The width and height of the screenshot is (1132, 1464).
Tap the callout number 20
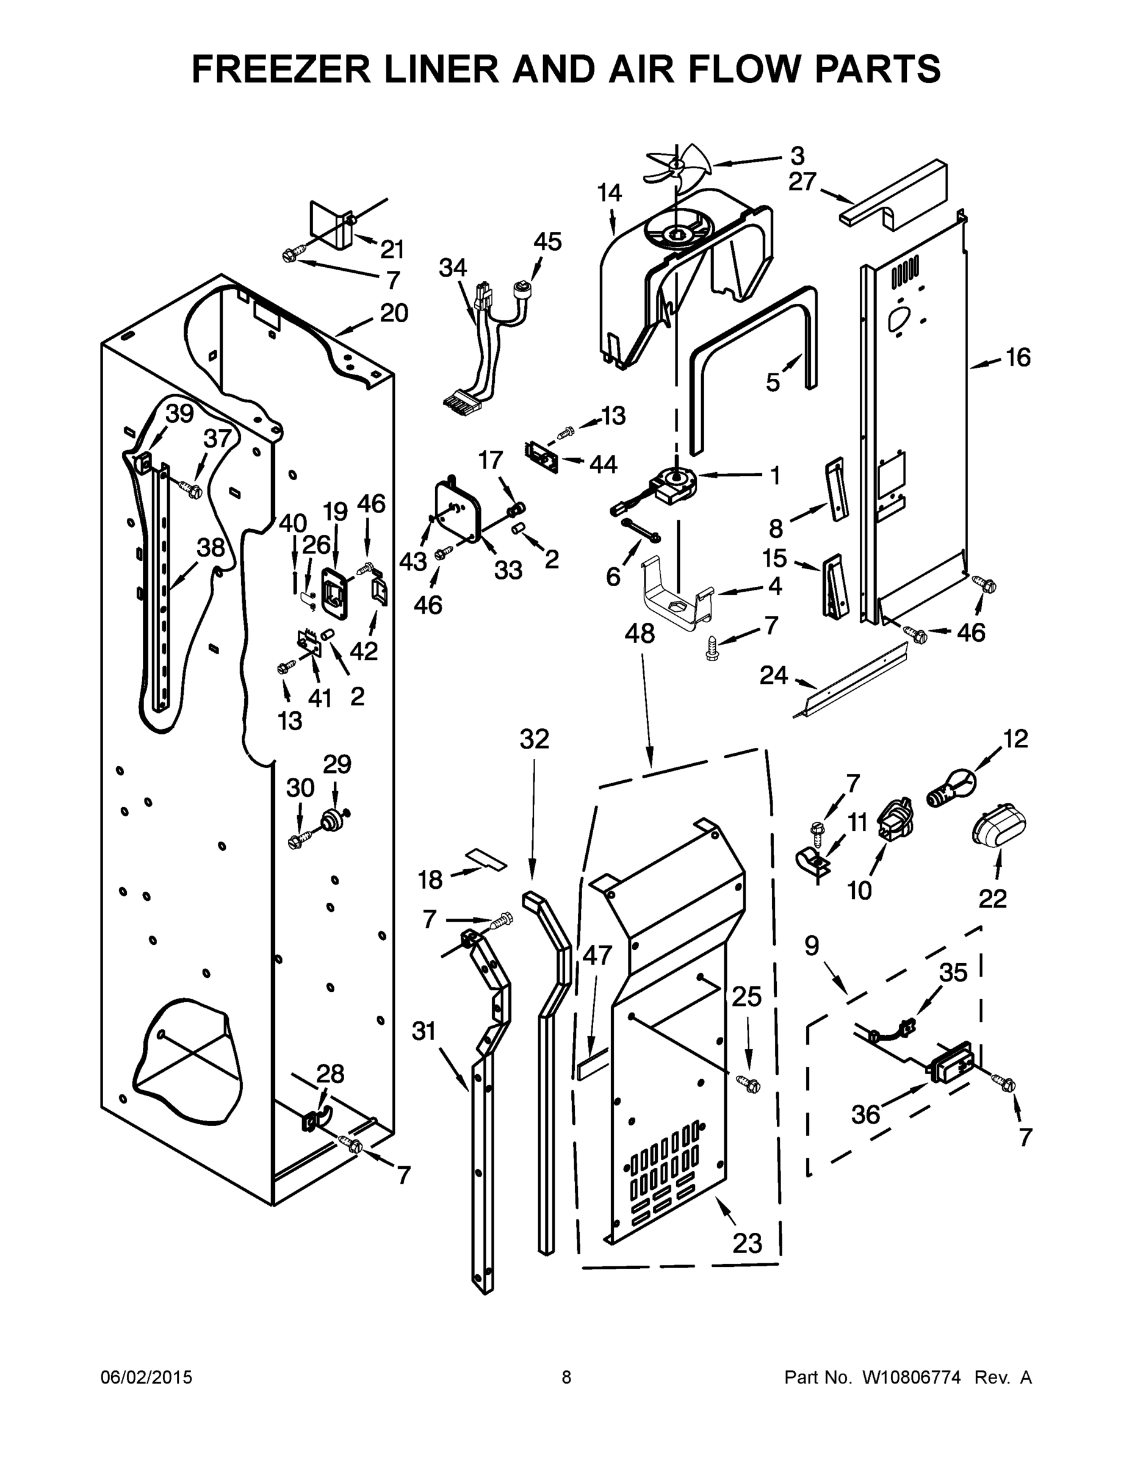(x=394, y=312)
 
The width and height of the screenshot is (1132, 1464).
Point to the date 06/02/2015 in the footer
(x=146, y=1377)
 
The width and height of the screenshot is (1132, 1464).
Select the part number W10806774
(x=910, y=1377)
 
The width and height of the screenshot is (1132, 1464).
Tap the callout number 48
(x=639, y=633)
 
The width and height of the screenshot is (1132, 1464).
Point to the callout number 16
(x=1018, y=358)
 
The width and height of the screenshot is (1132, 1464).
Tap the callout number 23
(x=747, y=1243)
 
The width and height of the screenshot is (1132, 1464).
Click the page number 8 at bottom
(x=566, y=1377)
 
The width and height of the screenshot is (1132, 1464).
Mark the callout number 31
(x=424, y=1030)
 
